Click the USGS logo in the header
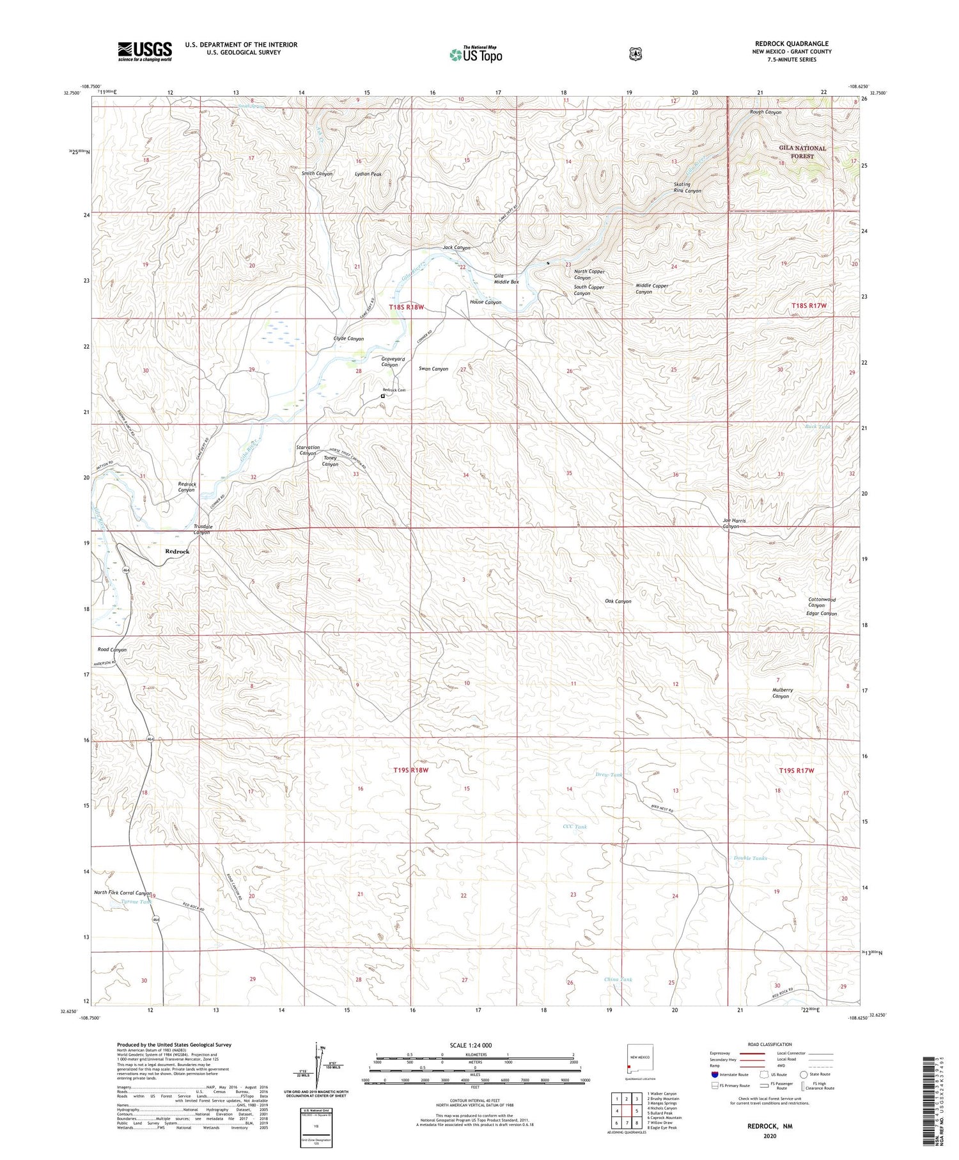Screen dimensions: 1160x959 tap(144, 51)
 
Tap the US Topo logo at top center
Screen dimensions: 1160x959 tap(476, 54)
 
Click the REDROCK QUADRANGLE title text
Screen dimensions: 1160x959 tap(791, 44)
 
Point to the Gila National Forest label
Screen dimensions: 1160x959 tap(802, 152)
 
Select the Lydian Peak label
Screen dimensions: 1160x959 tap(368, 174)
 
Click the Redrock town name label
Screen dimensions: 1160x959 tap(177, 551)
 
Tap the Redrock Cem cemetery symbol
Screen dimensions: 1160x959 tap(383, 396)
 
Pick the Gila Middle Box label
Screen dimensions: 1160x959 tap(506, 278)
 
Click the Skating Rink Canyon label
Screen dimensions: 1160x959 tap(687, 187)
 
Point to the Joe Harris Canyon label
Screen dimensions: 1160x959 tap(734, 523)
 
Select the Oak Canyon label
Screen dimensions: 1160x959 tap(618, 601)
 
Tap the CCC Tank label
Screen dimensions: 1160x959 tap(574, 827)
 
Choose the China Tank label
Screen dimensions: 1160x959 tap(618, 980)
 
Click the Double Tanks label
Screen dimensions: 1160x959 tap(750, 858)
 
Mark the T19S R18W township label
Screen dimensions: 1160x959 tap(410, 770)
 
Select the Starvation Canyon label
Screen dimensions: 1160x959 tap(308, 450)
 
